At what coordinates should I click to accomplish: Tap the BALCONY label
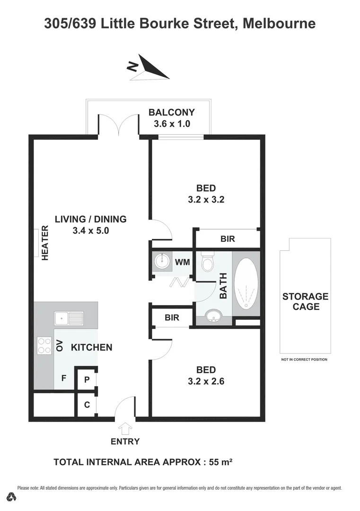[171, 112]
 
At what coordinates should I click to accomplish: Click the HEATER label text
[46, 243]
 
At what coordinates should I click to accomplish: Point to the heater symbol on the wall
[36, 243]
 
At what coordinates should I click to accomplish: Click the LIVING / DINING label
[90, 219]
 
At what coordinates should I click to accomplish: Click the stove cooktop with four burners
[44, 345]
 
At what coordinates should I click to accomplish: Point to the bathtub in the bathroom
[246, 283]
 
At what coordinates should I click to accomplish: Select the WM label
[183, 261]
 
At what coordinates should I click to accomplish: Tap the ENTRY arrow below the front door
[125, 429]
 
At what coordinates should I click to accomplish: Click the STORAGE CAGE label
[305, 301]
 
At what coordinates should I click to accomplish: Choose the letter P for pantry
[87, 379]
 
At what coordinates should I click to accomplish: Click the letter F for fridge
[63, 378]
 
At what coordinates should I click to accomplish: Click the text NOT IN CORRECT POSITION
[304, 360]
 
